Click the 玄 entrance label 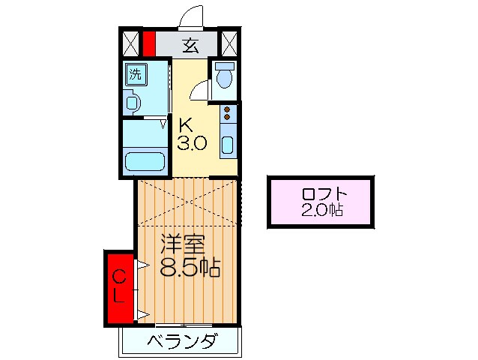coord(190,44)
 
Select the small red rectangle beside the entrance coord(149,42)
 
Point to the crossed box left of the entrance coord(130,42)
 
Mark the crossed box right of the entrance coord(229,42)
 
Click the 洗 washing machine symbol coord(135,73)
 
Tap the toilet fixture coord(224,76)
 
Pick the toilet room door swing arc coord(200,91)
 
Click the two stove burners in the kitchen coord(228,115)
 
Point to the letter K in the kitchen coord(185,124)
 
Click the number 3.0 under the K coord(192,142)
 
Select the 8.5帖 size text coord(190,267)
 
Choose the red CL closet coord(118,288)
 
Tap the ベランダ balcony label coord(182,342)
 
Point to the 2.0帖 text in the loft coord(321,211)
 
